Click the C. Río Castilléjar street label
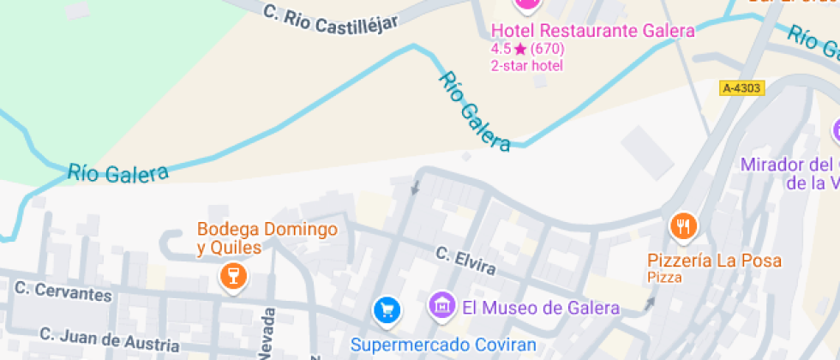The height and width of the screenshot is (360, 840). click(x=331, y=19)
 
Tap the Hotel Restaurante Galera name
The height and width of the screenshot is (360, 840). click(x=592, y=32)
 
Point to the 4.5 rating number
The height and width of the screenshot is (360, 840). click(x=501, y=49)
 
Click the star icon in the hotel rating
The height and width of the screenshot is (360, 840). click(x=520, y=49)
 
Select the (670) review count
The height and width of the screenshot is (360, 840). click(x=548, y=49)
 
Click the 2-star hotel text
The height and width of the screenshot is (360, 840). click(x=526, y=65)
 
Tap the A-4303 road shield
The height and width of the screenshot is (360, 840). click(x=741, y=87)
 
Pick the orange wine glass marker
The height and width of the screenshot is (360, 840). click(x=232, y=276)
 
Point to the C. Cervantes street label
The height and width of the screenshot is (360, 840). click(x=63, y=293)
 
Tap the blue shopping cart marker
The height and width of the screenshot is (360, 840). click(x=387, y=309)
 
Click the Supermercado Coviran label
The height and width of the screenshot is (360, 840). click(x=443, y=345)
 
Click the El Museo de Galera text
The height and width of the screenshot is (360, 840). click(x=540, y=308)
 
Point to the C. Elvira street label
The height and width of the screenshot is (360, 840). click(x=465, y=261)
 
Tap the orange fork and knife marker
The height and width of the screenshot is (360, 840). click(x=683, y=226)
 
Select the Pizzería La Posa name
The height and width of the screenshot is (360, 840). click(x=714, y=261)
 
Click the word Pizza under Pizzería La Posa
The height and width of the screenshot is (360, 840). click(x=664, y=278)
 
